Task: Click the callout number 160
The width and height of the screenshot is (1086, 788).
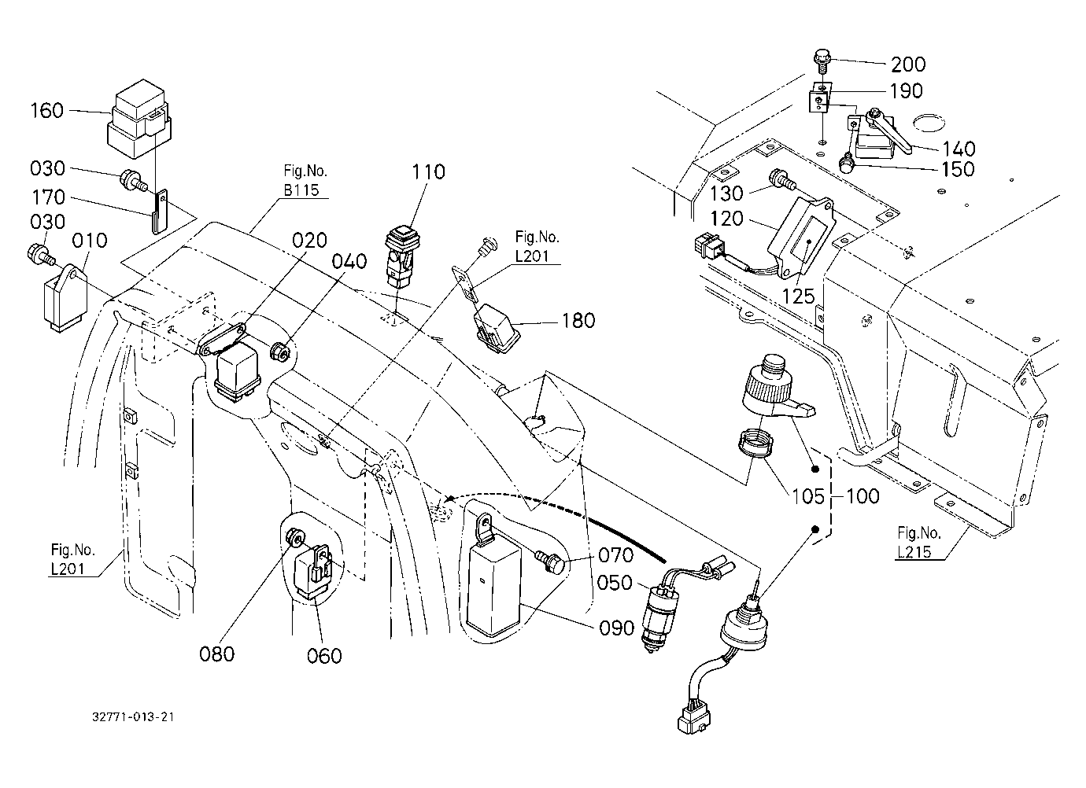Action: click(x=47, y=111)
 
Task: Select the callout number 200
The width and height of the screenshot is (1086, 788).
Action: click(x=908, y=64)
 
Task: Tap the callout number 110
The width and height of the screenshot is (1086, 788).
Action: click(x=429, y=171)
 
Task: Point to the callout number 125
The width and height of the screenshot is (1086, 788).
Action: click(x=799, y=296)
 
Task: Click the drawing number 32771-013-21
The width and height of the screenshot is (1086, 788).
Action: click(x=133, y=716)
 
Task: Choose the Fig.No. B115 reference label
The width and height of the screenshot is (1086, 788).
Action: click(x=305, y=180)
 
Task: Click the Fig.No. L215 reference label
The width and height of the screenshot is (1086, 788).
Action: click(x=919, y=543)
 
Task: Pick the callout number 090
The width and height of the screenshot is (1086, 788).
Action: click(x=617, y=628)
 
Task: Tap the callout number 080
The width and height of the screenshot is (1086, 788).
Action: click(x=216, y=654)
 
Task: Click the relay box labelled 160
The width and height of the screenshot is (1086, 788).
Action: click(x=139, y=119)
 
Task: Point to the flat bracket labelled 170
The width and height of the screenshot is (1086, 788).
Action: click(x=160, y=212)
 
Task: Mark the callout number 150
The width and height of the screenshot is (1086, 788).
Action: click(x=958, y=169)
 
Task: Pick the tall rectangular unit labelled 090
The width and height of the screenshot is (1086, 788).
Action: click(x=493, y=579)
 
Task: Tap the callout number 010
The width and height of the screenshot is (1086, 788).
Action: click(x=90, y=241)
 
